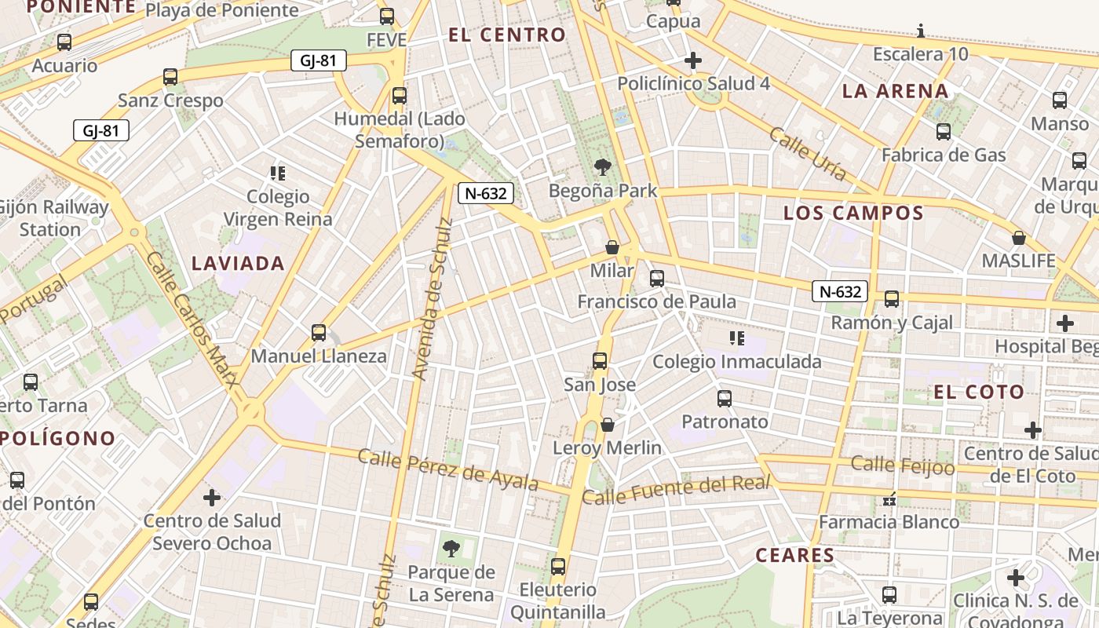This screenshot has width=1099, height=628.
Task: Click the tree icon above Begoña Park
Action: pyautogui.click(x=603, y=166)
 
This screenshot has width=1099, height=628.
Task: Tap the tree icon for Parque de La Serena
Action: pyautogui.click(x=451, y=548)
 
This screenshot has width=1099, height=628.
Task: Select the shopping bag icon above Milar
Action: pyautogui.click(x=612, y=247)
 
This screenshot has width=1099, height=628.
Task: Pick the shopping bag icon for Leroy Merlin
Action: pyautogui.click(x=607, y=425)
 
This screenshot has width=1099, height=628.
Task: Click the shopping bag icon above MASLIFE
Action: pyautogui.click(x=1019, y=237)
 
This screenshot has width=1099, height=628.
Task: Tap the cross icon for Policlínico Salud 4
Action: pyautogui.click(x=693, y=60)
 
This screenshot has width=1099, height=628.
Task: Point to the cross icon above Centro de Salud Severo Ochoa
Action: pyautogui.click(x=212, y=498)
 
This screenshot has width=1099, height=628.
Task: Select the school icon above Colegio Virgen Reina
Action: pyautogui.click(x=277, y=173)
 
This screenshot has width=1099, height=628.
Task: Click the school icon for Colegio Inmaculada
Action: pyautogui.click(x=736, y=338)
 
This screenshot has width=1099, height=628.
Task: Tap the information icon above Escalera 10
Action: pyautogui.click(x=921, y=31)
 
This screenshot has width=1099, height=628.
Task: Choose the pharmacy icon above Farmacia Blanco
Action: pyautogui.click(x=889, y=498)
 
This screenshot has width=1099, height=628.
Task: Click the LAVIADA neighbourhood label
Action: pyautogui.click(x=238, y=264)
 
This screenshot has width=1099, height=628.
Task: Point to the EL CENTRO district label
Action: pyautogui.click(x=506, y=35)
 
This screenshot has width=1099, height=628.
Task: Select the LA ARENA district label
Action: pyautogui.click(x=895, y=91)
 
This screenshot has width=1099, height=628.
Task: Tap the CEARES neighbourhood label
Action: pyautogui.click(x=794, y=556)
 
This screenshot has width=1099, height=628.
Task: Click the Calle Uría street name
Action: pyautogui.click(x=808, y=153)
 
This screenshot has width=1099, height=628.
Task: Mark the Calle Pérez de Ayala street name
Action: pyautogui.click(x=448, y=469)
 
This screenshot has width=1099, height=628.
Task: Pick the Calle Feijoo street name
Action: pyautogui.click(x=903, y=466)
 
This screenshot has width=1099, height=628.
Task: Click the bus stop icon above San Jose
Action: pyautogui.click(x=600, y=361)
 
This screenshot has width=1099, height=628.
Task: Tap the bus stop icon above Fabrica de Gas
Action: pyautogui.click(x=944, y=132)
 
